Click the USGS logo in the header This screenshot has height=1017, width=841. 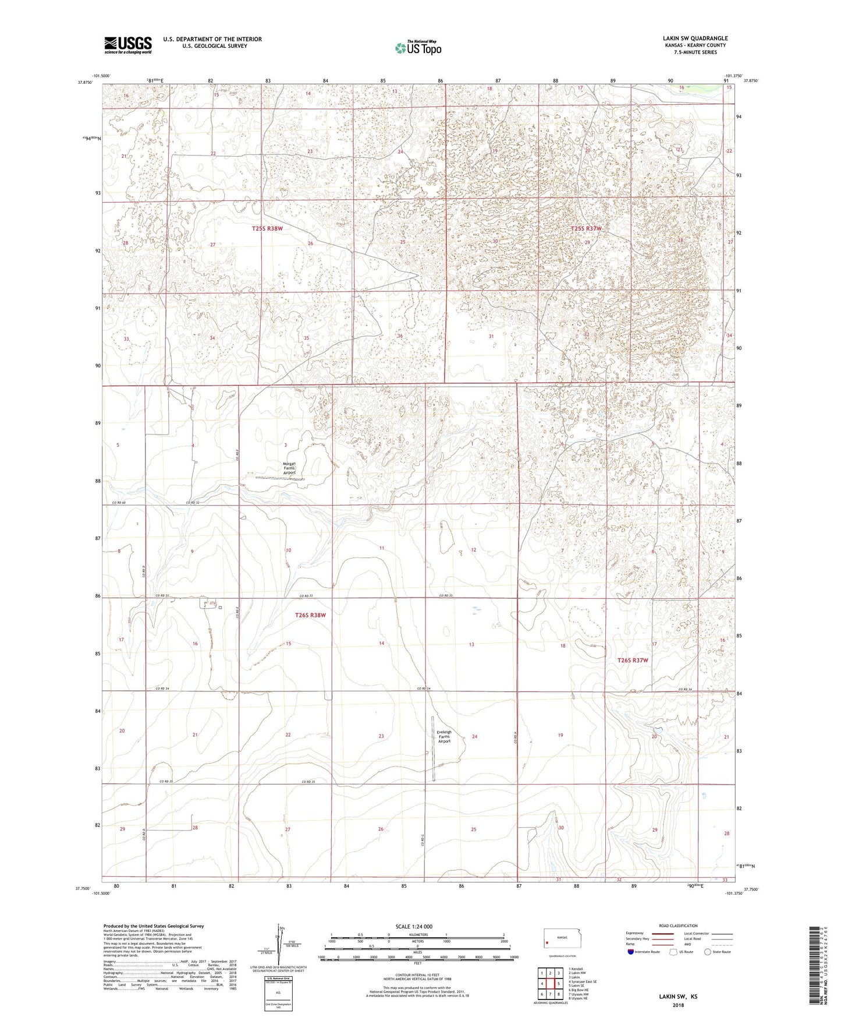pos(128,44)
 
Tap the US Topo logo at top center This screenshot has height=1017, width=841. pos(417,48)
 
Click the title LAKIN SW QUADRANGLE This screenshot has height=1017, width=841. pos(695,38)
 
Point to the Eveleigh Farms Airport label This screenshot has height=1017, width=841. pos(444,737)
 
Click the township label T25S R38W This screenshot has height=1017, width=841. pos(267,229)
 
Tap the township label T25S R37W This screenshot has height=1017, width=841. pos(586,229)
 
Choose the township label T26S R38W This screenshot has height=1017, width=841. pos(310,615)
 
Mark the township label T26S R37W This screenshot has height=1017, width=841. pos(633,660)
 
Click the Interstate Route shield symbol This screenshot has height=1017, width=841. pos(631,951)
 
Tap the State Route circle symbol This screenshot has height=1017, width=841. pos(708,951)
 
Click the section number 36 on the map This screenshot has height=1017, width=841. pos(400,337)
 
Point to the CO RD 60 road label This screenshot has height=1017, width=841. pos(121,502)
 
